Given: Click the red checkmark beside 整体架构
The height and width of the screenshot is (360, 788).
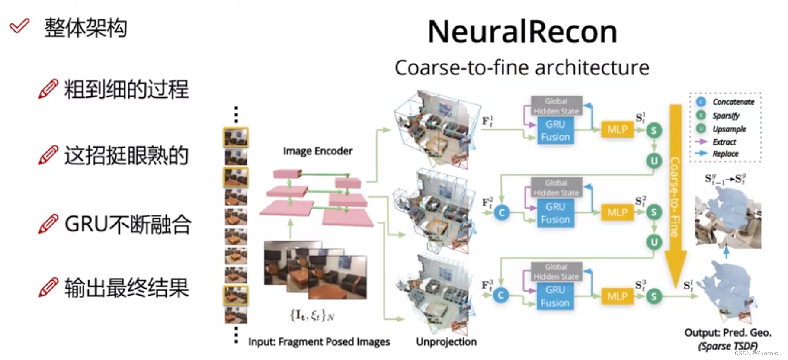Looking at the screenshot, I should pos(19,26).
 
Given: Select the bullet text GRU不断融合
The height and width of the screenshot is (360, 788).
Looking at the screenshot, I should pos(128,225).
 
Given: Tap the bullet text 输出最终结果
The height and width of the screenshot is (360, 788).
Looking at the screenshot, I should pos(127,288).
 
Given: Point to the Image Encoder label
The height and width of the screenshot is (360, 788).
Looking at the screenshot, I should pos(317,151).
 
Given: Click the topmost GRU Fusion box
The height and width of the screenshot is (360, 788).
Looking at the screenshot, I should pos(555,131).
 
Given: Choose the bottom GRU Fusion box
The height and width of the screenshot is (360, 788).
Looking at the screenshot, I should pos(555,296).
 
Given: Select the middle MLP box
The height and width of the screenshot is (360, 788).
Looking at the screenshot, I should pos(617,212).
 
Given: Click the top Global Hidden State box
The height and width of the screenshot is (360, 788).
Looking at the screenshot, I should pos(556,106).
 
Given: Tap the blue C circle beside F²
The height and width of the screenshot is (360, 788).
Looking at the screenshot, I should pos(502,212).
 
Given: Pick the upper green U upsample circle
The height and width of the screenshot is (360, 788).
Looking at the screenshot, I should pos(654,161).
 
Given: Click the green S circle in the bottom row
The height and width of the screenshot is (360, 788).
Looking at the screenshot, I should pos(654,296).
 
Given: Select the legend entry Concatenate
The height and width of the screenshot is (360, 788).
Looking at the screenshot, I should pos(733,102).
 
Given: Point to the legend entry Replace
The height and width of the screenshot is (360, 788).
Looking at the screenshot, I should pos(725,154).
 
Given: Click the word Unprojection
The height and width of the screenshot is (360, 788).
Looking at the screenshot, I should pos(446,342).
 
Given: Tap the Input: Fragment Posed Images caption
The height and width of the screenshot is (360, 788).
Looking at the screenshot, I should pos(319,342).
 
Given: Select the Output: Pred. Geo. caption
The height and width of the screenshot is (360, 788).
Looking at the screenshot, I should pos(727,333).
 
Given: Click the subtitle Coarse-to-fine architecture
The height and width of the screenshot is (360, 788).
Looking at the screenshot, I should pos(522,68).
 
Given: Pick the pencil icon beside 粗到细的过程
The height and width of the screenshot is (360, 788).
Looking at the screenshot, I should pos(48,89).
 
